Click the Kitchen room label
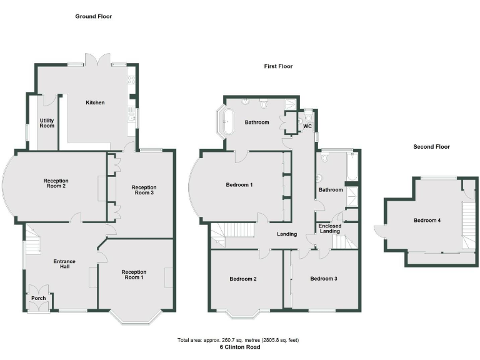(x=95, y=102)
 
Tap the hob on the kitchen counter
(x=131, y=80)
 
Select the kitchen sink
(x=131, y=114)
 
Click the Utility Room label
(x=47, y=122)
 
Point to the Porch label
(x=38, y=298)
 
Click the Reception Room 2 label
(x=56, y=184)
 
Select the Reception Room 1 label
(x=134, y=275)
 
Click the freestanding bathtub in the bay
(x=228, y=121)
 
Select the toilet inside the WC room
(x=309, y=117)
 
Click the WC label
(x=307, y=126)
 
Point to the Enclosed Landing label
(x=330, y=228)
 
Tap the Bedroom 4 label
(x=426, y=220)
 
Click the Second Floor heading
(x=431, y=147)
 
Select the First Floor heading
(x=277, y=66)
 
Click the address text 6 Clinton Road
(x=240, y=347)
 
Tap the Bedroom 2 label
(x=243, y=279)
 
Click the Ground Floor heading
(x=94, y=16)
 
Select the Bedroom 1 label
(x=239, y=185)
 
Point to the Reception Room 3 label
(x=144, y=190)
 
